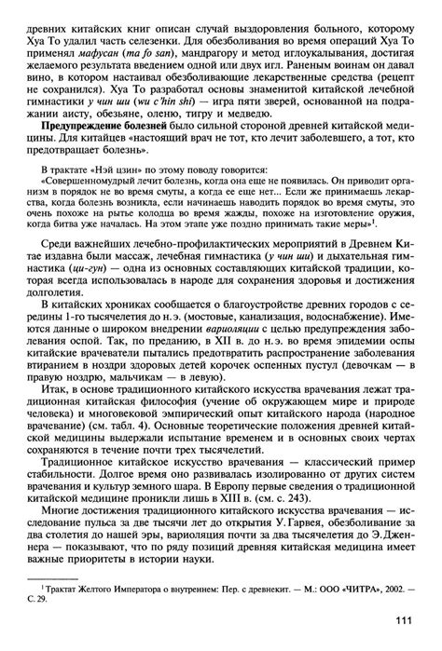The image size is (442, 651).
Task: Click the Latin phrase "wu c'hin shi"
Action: pyautogui.click(x=180, y=97)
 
